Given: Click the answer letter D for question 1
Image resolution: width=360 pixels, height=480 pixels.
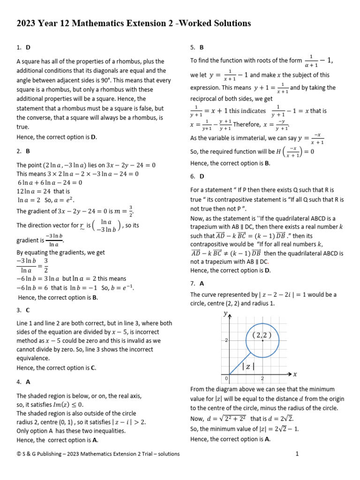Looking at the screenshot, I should tap(29, 47).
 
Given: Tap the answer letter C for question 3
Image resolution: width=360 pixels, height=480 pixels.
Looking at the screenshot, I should tap(29, 310).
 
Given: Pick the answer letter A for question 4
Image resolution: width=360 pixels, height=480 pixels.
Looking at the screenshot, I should tap(29, 382).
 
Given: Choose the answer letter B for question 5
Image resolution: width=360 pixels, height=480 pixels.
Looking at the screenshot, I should tap(202, 47).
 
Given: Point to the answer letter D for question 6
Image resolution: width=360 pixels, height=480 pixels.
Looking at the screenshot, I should tap(202, 176).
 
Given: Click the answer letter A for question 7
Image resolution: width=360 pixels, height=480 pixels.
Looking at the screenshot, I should tap(202, 284).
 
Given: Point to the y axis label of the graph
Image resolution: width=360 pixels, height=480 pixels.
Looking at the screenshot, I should tap(226, 314).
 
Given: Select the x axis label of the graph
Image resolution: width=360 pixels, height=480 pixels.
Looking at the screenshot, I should tap(295, 374).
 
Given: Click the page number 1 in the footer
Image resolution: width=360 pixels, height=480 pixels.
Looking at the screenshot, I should tap(297, 454).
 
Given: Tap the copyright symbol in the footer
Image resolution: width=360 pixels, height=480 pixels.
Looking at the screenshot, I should tap(19, 454).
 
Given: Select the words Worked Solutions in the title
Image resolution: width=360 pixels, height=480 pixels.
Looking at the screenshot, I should tap(214, 23).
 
